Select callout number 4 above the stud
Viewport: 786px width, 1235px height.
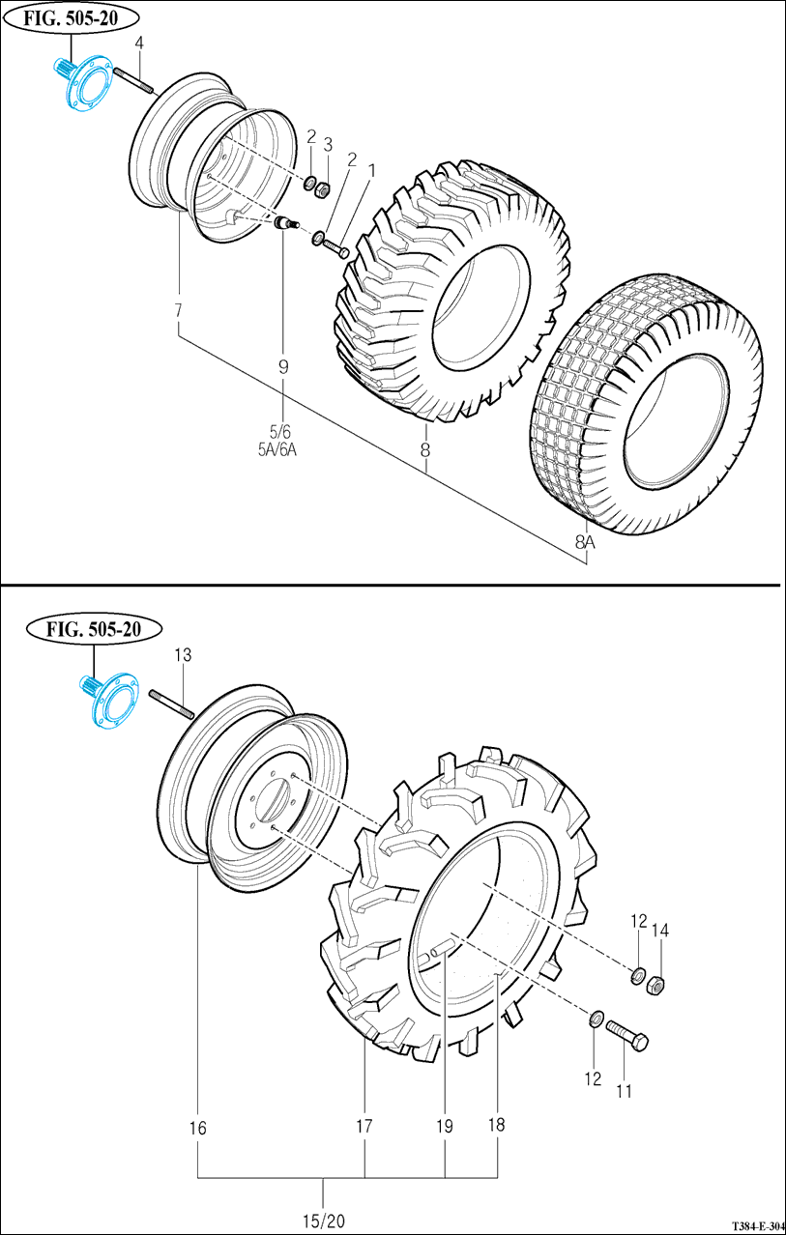pyautogui.click(x=139, y=43)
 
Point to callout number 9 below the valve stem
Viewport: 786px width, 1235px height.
pyautogui.click(x=283, y=366)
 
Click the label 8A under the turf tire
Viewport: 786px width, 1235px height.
pyautogui.click(x=585, y=544)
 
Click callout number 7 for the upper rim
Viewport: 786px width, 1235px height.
pyautogui.click(x=178, y=310)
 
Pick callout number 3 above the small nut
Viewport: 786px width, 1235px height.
pyautogui.click(x=327, y=144)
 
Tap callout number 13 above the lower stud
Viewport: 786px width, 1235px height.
pyautogui.click(x=182, y=655)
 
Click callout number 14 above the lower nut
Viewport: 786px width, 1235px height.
pyautogui.click(x=660, y=931)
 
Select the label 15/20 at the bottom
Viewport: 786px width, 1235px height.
pyautogui.click(x=323, y=1221)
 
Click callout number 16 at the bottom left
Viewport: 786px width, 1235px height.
pyautogui.click(x=197, y=1128)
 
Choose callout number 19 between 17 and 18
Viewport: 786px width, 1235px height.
pyautogui.click(x=444, y=1125)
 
